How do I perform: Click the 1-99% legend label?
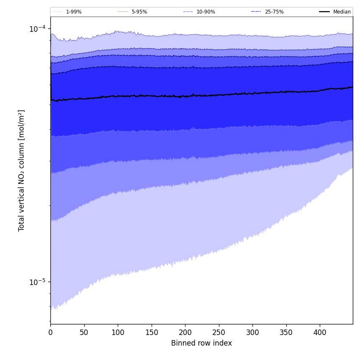point(74,12)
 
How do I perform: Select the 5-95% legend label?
point(139,12)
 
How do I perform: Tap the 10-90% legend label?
point(205,12)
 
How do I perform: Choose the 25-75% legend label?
point(274,12)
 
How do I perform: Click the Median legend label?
point(342,12)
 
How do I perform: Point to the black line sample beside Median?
point(325,12)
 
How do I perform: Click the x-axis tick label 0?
point(50,332)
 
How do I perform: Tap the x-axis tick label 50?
point(84,332)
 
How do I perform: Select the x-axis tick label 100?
point(118,332)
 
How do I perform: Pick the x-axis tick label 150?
point(151,332)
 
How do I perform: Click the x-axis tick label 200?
point(185,332)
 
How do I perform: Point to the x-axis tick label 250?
point(219,332)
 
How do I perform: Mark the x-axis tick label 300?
point(252,332)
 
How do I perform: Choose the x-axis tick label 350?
point(286,332)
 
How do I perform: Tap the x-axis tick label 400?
point(320,332)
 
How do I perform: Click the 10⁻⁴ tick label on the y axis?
point(37,29)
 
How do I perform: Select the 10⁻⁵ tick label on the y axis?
point(37,282)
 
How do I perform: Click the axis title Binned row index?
point(202,343)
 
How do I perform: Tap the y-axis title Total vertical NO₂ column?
point(22,170)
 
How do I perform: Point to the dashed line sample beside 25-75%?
point(256,12)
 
